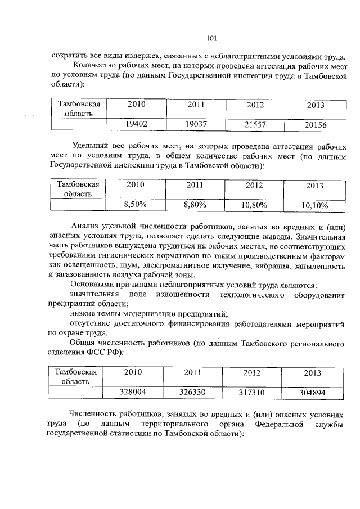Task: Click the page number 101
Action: click(211, 38)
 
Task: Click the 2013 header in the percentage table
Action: click(315, 186)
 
